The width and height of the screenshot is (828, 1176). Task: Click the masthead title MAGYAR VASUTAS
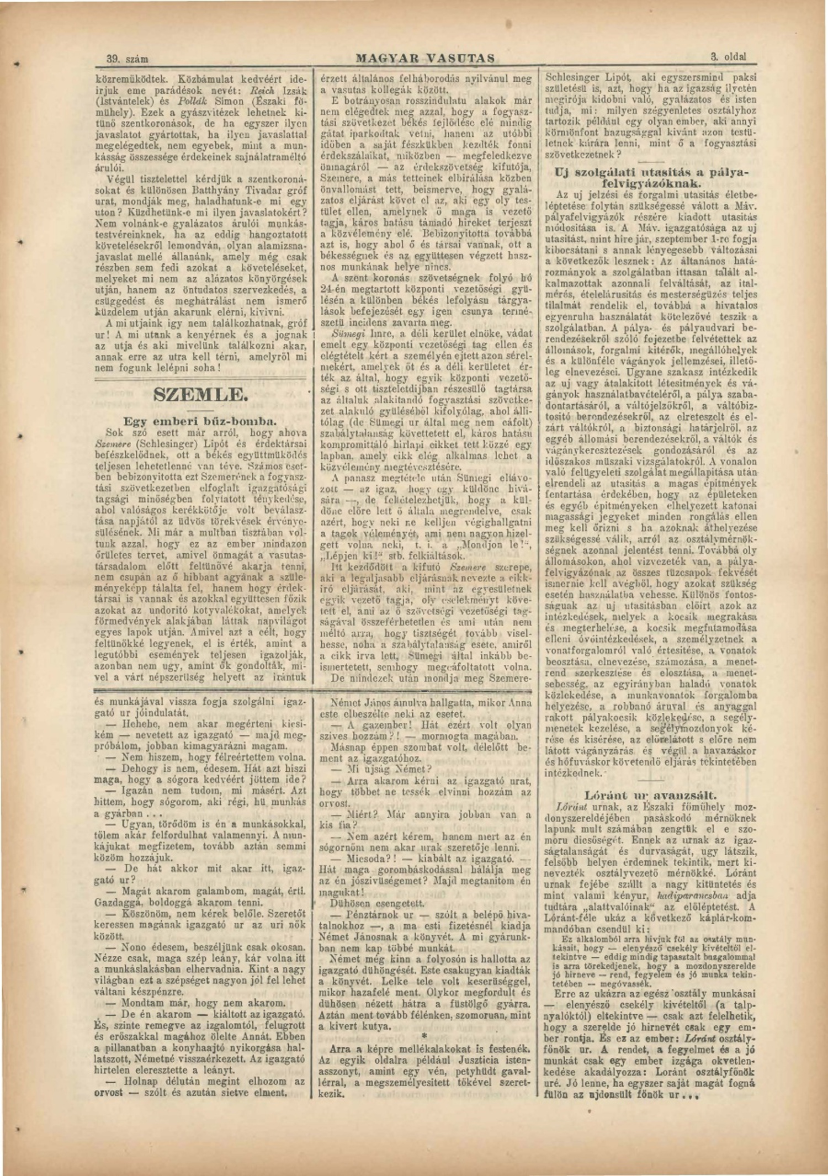424,58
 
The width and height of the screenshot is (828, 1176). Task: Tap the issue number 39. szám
127,59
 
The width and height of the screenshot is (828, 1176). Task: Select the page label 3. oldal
728,56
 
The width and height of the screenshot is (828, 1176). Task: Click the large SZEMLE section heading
201,395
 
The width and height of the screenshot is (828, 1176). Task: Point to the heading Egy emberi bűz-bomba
200,421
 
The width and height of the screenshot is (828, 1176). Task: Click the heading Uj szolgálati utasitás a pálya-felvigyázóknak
651,177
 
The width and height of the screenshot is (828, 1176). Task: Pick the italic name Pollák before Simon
192,101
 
